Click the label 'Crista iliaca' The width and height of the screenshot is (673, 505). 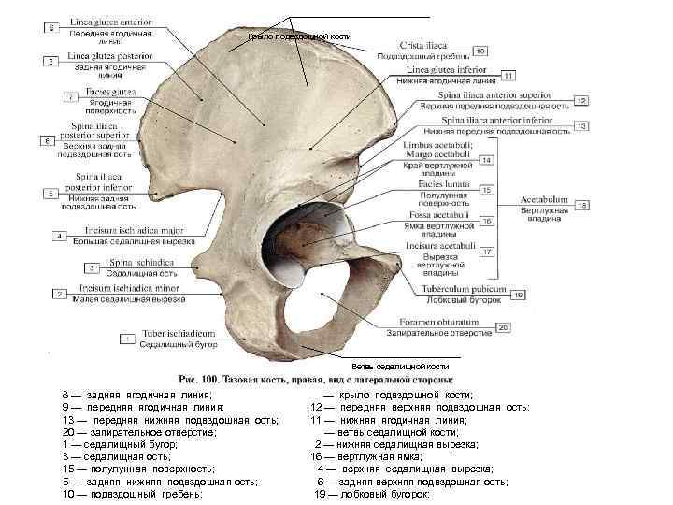pos(424,45)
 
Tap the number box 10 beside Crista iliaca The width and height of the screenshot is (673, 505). pos(480,50)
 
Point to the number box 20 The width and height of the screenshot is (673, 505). pos(503,326)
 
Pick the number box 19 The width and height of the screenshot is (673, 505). pos(517,296)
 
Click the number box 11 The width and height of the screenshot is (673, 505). pos(508,75)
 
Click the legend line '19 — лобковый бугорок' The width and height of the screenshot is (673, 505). pos(373,493)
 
